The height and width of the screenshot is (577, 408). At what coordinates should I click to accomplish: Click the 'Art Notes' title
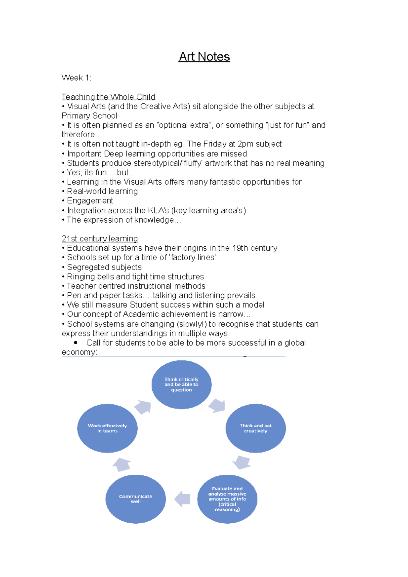pyautogui.click(x=204, y=56)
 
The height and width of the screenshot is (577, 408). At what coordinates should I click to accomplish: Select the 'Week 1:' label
pyautogui.click(x=76, y=78)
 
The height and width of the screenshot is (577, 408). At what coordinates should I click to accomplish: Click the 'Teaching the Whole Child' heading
pyautogui.click(x=108, y=97)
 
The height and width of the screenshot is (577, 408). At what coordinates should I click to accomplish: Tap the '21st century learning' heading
pyautogui.click(x=100, y=239)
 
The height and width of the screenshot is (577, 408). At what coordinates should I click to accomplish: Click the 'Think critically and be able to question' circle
pyautogui.click(x=181, y=384)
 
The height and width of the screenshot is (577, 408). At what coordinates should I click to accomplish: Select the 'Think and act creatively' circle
pyautogui.click(x=255, y=428)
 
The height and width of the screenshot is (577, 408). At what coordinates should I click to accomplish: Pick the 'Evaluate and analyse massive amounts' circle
pyautogui.click(x=227, y=499)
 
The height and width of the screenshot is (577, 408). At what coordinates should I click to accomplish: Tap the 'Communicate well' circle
pyautogui.click(x=136, y=499)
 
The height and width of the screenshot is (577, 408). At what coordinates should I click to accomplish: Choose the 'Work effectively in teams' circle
pyautogui.click(x=107, y=428)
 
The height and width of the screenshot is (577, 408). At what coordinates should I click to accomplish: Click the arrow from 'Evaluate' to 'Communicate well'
pyautogui.click(x=183, y=499)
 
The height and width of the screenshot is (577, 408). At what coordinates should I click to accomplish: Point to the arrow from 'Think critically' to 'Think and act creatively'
pyautogui.click(x=217, y=406)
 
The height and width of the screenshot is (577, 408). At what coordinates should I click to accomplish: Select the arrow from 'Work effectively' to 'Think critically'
pyautogui.click(x=143, y=407)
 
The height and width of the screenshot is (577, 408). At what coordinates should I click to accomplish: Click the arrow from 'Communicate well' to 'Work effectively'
pyautogui.click(x=122, y=465)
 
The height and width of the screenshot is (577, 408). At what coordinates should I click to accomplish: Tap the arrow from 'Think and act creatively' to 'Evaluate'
pyautogui.click(x=242, y=462)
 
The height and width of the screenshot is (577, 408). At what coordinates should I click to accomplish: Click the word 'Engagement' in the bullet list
pyautogui.click(x=90, y=201)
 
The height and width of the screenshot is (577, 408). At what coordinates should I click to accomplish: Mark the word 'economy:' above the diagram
pyautogui.click(x=79, y=352)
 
